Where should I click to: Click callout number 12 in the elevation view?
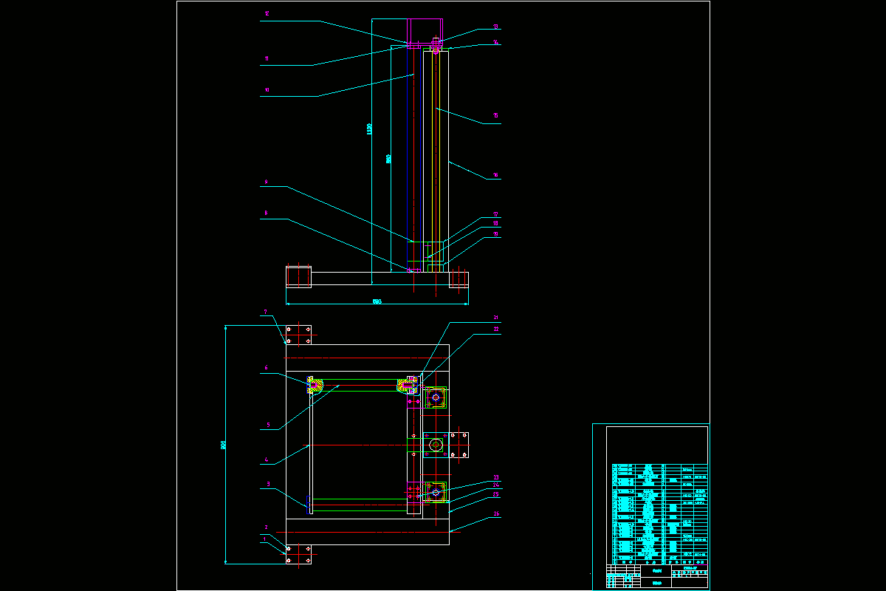pyautogui.click(x=267, y=14)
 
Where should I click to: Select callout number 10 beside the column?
pyautogui.click(x=267, y=91)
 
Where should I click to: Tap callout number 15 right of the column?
pyautogui.click(x=496, y=116)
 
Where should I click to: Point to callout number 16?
pyautogui.click(x=496, y=175)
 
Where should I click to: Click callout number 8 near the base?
pyautogui.click(x=267, y=214)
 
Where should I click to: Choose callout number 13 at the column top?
pyautogui.click(x=496, y=27)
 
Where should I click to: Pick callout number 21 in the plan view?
pyautogui.click(x=496, y=318)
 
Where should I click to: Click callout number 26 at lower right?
pyautogui.click(x=496, y=514)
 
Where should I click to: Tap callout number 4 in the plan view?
pyautogui.click(x=266, y=460)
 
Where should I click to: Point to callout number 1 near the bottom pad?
pyautogui.click(x=265, y=540)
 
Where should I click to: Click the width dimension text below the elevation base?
pyautogui.click(x=376, y=301)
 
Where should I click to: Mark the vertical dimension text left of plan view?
pyautogui.click(x=223, y=445)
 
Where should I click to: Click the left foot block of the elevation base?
pyautogui.click(x=298, y=277)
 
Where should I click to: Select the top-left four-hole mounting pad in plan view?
pyautogui.click(x=298, y=335)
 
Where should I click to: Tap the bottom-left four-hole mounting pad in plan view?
pyautogui.click(x=298, y=556)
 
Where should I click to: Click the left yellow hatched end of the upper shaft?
pyautogui.click(x=315, y=384)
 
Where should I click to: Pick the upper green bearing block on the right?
pyautogui.click(x=436, y=399)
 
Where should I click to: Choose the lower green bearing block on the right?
pyautogui.click(x=436, y=491)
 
